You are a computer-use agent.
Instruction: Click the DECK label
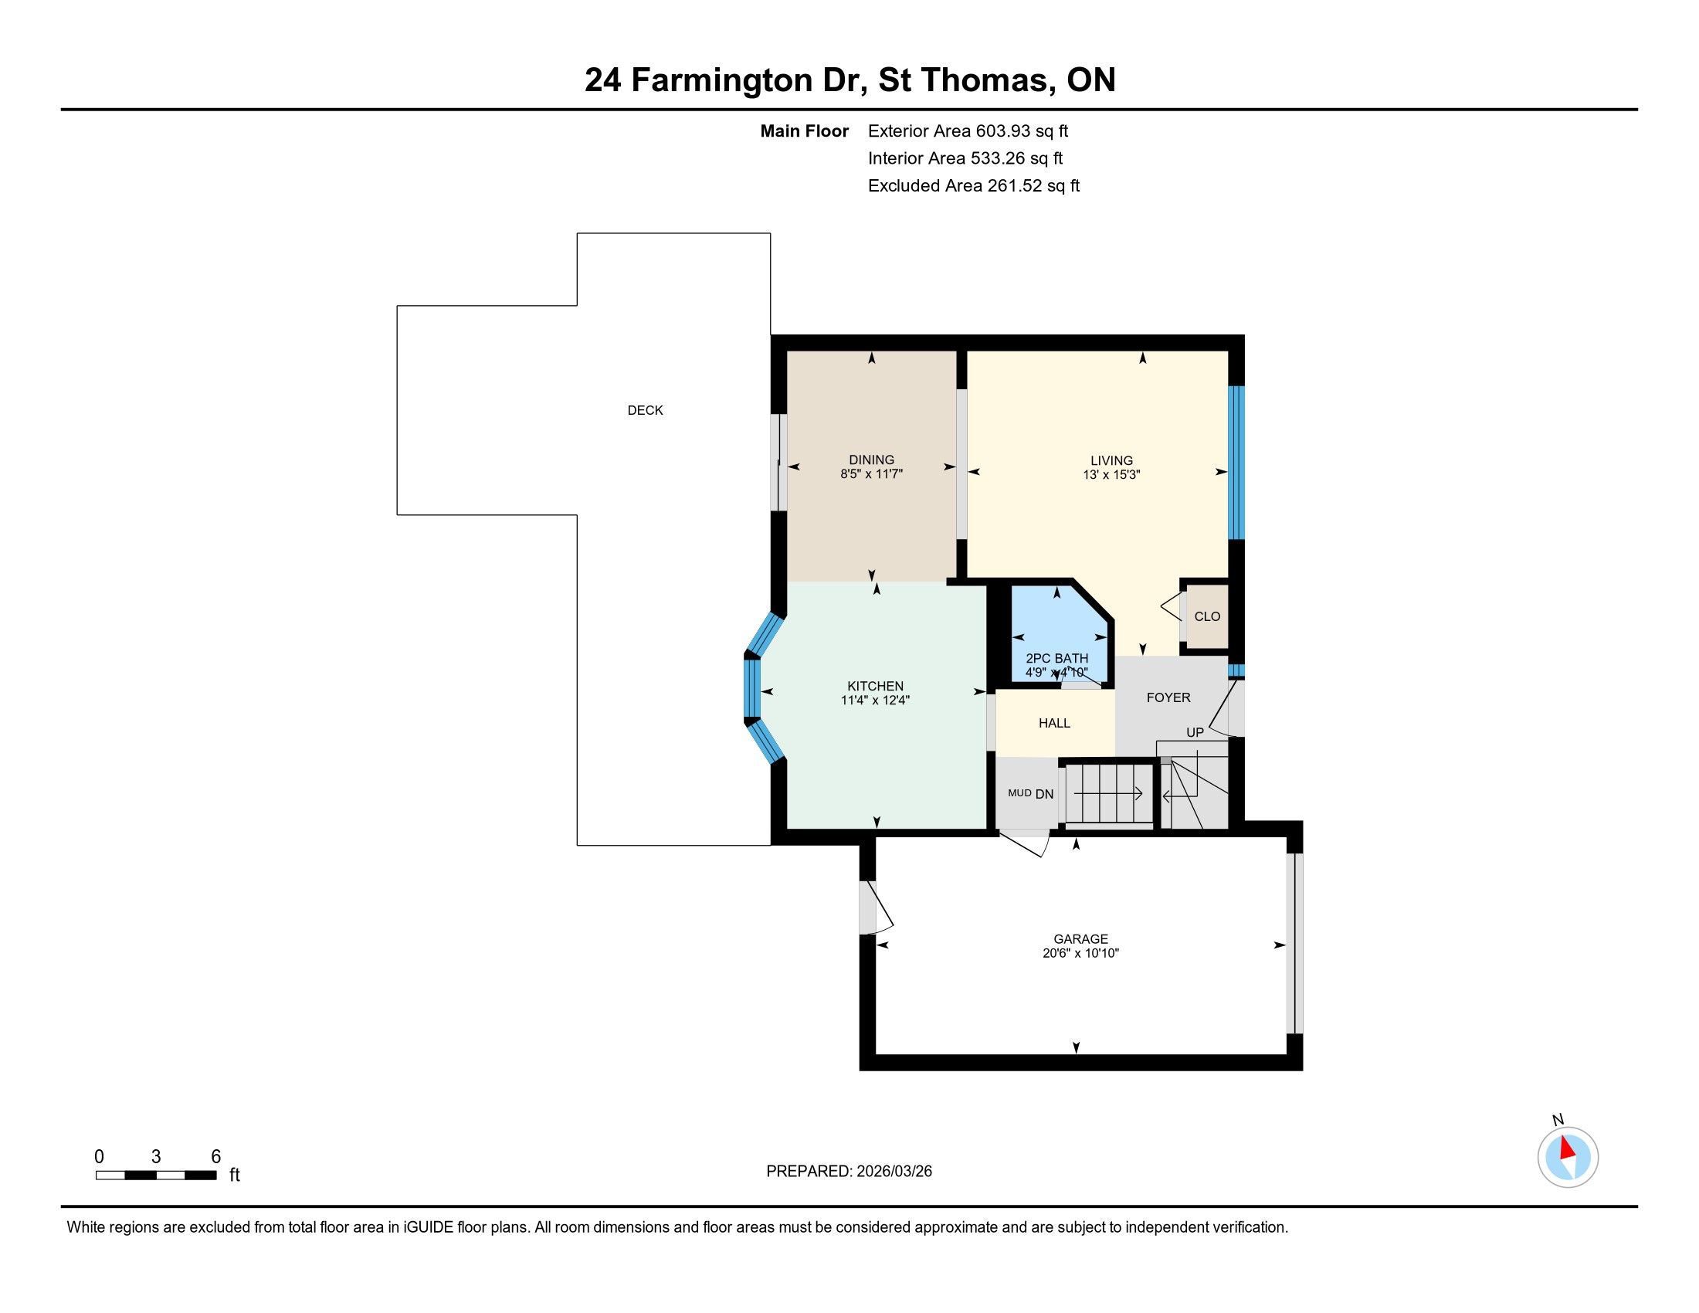(645, 410)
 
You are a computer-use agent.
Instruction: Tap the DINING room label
(871, 460)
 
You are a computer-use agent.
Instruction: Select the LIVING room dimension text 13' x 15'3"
(1111, 474)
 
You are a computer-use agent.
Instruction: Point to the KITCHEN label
(875, 686)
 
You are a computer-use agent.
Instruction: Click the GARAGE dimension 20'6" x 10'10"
(1080, 953)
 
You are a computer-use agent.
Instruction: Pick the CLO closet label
(1207, 616)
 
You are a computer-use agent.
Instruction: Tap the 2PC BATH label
(1056, 658)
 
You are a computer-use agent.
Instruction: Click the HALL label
(1054, 723)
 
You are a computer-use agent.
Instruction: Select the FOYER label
(1168, 697)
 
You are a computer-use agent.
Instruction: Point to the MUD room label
(1019, 792)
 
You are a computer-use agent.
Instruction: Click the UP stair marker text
(1195, 732)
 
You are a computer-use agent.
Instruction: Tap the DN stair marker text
(1045, 794)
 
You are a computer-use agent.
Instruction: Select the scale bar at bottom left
(155, 1175)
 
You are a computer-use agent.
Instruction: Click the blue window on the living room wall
(1236, 463)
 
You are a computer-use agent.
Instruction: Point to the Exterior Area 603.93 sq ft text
(968, 131)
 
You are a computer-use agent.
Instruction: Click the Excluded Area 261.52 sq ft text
(974, 186)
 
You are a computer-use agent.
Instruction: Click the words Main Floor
(805, 131)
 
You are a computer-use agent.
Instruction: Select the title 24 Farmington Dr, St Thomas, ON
(849, 80)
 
